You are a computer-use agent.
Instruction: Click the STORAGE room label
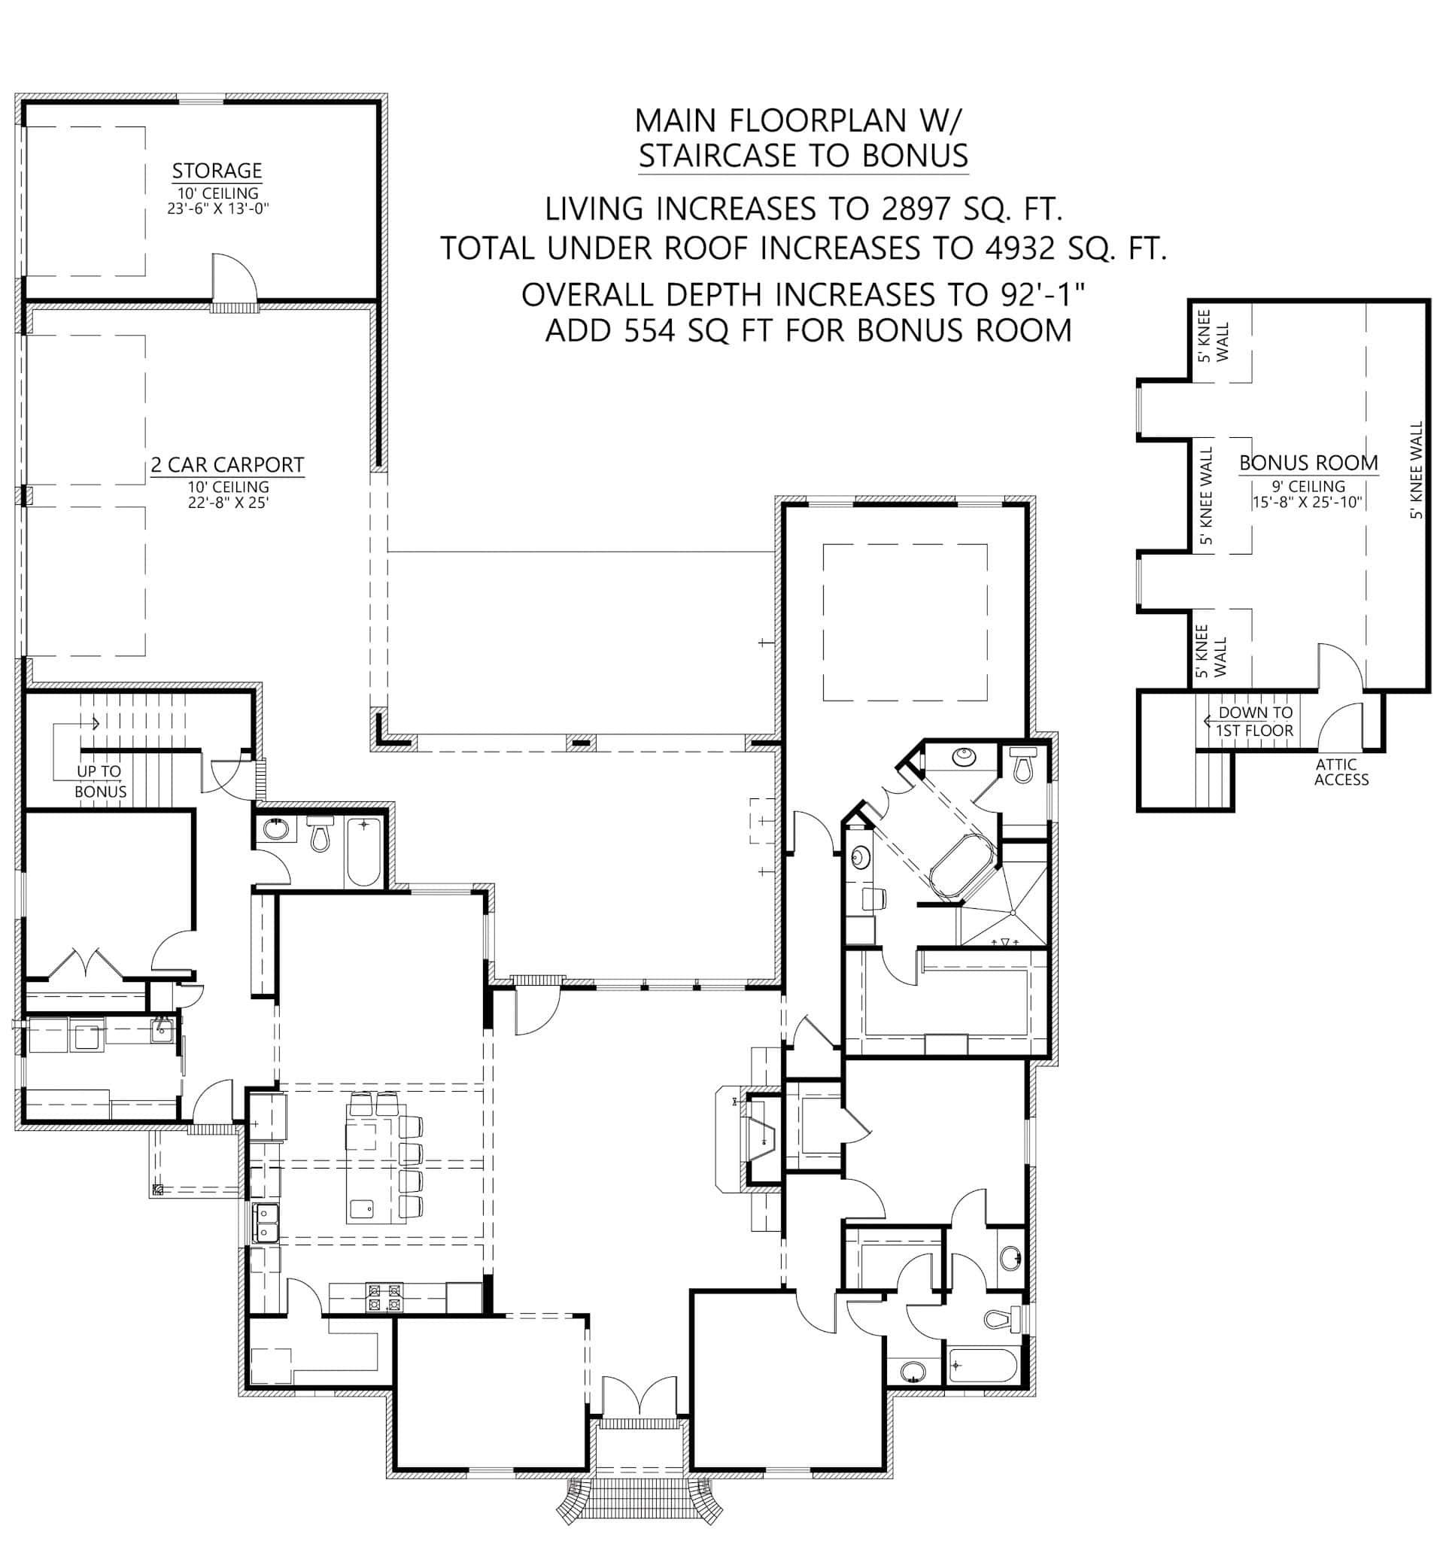216,171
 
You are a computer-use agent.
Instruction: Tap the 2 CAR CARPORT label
227,464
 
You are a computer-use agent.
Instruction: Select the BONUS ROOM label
1308,463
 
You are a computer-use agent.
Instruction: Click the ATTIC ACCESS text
1341,772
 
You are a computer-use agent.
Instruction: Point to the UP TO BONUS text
100,780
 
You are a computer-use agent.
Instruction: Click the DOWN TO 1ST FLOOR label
1254,721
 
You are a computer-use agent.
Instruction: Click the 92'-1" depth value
1037,294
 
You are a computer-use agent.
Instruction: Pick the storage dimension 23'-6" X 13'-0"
217,208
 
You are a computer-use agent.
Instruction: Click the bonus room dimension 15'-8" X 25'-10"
1308,502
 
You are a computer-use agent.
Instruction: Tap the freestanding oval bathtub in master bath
961,865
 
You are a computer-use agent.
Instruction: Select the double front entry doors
639,1397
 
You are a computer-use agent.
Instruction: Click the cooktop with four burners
385,1298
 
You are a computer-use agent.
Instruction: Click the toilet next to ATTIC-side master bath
1023,766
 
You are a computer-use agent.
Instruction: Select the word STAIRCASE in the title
721,156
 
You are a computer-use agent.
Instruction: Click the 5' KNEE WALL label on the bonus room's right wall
1417,470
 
